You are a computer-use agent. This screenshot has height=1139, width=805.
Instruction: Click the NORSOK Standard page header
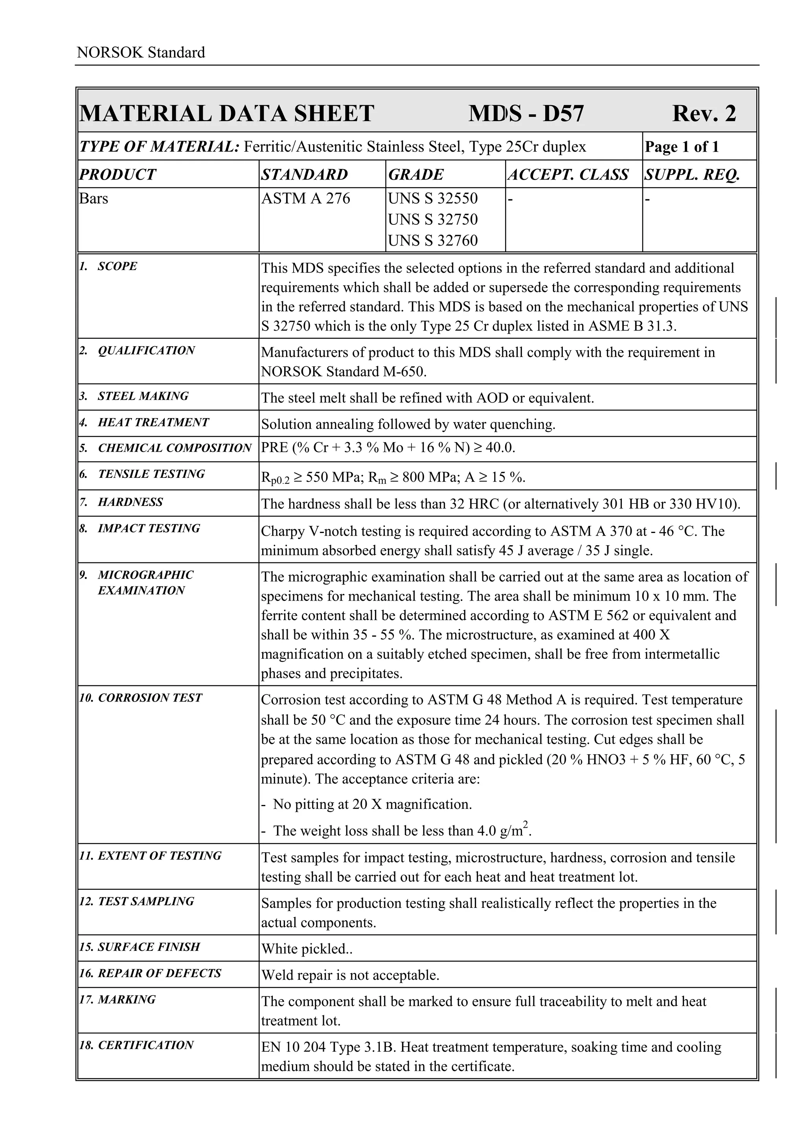[x=141, y=53]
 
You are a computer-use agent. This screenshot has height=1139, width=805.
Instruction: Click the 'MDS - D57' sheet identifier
[x=526, y=114]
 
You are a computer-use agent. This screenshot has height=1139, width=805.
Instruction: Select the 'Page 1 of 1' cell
[x=682, y=147]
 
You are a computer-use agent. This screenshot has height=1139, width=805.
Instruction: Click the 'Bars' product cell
[x=94, y=198]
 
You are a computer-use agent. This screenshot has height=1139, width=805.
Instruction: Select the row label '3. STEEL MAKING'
[x=134, y=396]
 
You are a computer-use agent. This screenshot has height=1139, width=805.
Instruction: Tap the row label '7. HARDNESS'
[x=121, y=502]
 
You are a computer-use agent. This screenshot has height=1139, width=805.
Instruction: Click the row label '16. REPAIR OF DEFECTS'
[x=150, y=973]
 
